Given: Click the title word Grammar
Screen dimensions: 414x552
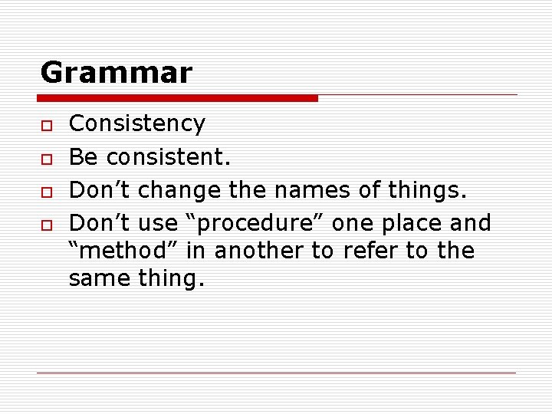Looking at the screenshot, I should (x=116, y=73).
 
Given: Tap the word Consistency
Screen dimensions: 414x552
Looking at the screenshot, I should (x=137, y=123).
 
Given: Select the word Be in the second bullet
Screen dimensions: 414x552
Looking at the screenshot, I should (x=84, y=156).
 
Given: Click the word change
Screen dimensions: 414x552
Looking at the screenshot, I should (x=172, y=189).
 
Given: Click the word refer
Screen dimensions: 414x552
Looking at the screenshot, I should (x=366, y=251).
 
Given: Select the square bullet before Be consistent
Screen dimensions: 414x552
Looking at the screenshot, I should (x=45, y=158).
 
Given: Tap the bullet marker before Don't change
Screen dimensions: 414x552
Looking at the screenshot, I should (x=45, y=191).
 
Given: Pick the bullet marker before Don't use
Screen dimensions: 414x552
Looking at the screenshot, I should (x=45, y=225).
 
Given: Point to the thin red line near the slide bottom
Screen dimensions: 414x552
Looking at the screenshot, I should (x=277, y=373).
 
